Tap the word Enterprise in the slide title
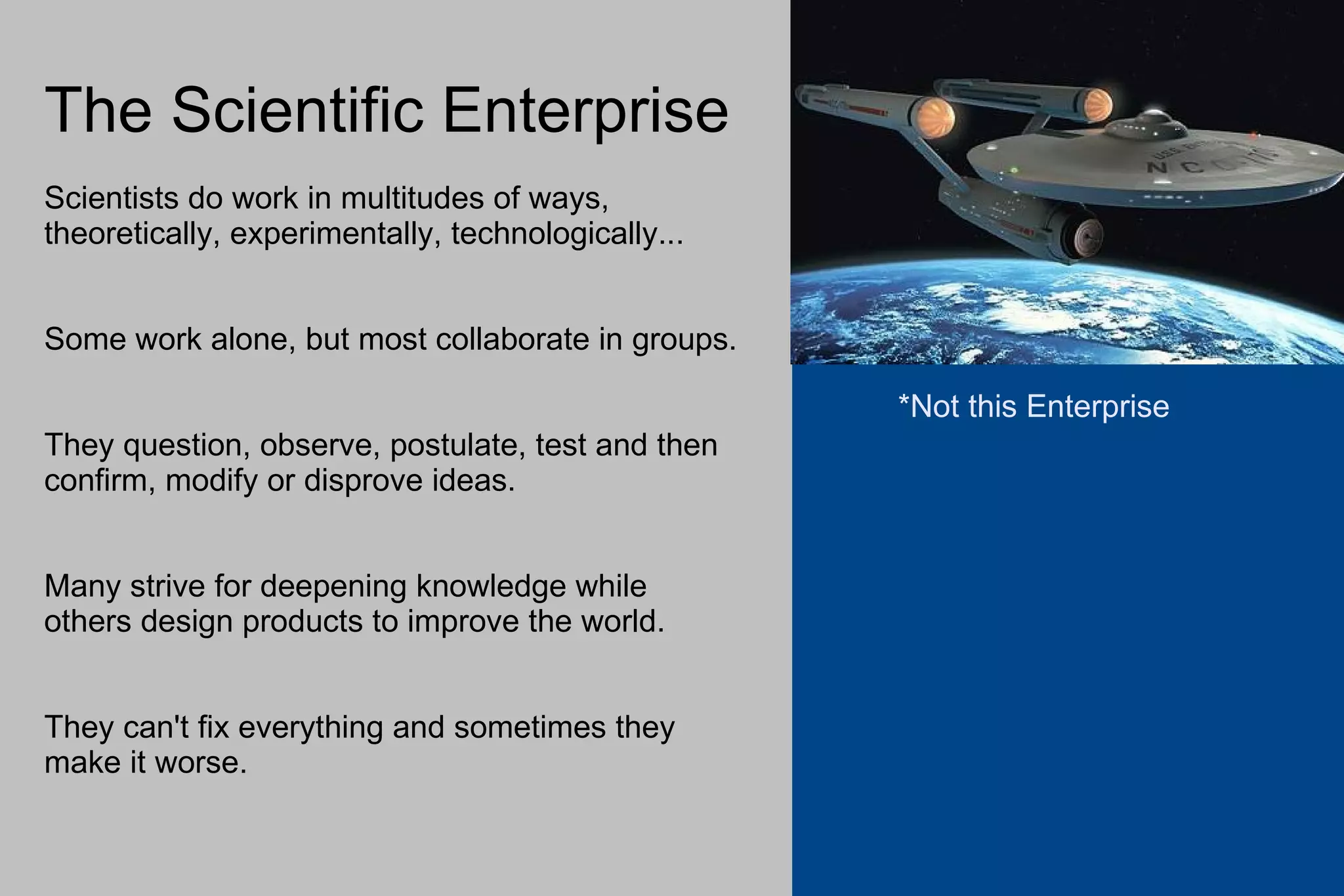(585, 110)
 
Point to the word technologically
(567, 234)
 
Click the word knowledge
(490, 586)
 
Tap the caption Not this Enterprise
(1039, 406)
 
